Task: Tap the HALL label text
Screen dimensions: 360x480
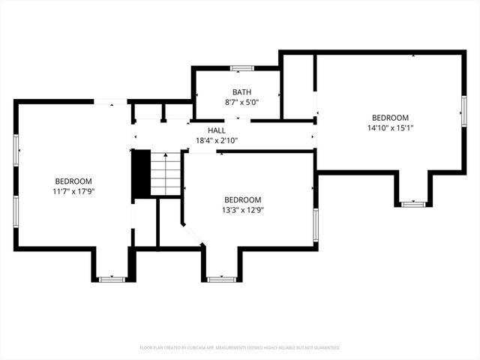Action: coord(217,130)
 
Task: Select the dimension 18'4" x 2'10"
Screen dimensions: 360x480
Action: coord(217,140)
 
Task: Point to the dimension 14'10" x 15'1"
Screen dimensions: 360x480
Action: coord(390,127)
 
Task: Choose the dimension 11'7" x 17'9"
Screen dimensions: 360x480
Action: coord(73,191)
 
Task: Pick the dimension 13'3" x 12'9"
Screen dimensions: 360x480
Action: coord(243,210)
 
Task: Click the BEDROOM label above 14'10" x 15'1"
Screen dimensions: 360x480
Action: coord(390,118)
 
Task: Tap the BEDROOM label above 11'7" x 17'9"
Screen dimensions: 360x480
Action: coord(73,181)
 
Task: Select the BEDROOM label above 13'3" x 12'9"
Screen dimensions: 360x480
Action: coord(243,199)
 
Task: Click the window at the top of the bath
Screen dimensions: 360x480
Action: coord(241,68)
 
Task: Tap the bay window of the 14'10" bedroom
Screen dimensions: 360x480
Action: coord(413,203)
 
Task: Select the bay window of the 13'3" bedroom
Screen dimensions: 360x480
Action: coord(220,280)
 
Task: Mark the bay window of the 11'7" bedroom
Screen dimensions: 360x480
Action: coord(112,280)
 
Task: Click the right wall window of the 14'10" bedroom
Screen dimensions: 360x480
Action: coord(463,111)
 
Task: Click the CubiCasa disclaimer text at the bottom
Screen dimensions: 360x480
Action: coord(240,348)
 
